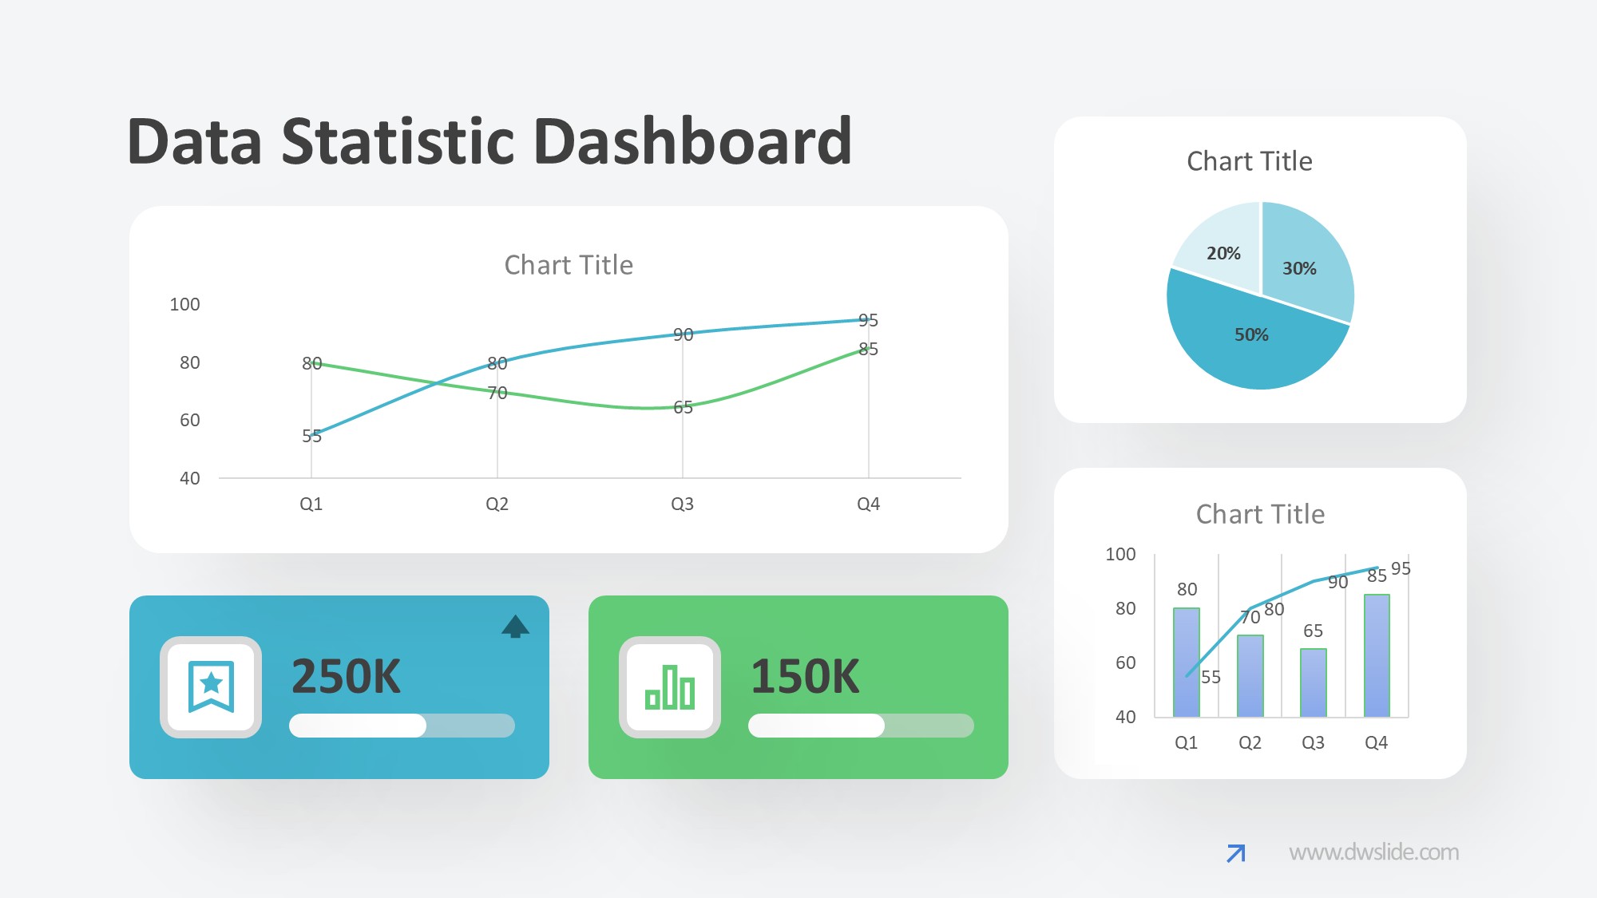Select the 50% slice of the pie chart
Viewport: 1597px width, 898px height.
tap(1251, 343)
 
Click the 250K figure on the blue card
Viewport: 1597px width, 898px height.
tap(346, 677)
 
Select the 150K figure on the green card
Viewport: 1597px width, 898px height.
tap(805, 677)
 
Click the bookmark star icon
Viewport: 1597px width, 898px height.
tap(211, 686)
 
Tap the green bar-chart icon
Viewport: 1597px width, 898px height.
tap(670, 687)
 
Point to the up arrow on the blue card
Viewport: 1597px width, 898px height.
tap(515, 627)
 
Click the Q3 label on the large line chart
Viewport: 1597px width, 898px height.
tap(682, 504)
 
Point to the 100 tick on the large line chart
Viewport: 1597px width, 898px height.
tap(184, 304)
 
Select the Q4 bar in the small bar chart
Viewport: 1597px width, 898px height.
tap(1377, 655)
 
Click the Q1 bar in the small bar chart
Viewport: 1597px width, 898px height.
tap(1187, 663)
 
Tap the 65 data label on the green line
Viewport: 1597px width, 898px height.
tap(683, 407)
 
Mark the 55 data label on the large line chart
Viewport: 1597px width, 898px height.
tap(311, 436)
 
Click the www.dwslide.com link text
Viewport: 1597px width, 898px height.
tap(1373, 853)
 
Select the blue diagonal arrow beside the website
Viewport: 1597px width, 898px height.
tap(1235, 853)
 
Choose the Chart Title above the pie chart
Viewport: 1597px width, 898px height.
tap(1250, 161)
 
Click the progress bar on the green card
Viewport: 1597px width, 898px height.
tap(861, 726)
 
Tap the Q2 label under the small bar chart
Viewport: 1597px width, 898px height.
tap(1250, 742)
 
